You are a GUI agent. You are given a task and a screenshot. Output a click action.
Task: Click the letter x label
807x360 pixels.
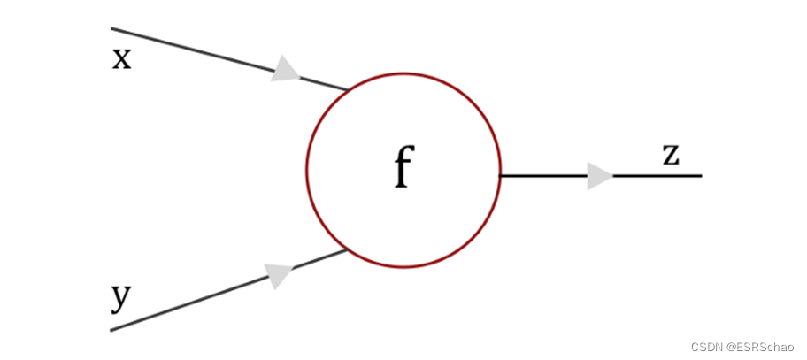[x=121, y=59]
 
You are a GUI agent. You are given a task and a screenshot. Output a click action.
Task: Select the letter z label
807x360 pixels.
[x=672, y=155]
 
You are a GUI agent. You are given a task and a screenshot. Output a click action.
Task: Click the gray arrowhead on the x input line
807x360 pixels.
[x=285, y=70]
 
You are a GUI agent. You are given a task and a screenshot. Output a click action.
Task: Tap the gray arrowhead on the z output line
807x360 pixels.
[x=599, y=176]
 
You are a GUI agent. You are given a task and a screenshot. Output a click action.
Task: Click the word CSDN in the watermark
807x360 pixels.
[x=706, y=346]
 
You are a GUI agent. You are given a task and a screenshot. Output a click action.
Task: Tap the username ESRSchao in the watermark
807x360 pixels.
[x=763, y=346]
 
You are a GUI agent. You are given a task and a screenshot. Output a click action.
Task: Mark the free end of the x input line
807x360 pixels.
[x=111, y=28]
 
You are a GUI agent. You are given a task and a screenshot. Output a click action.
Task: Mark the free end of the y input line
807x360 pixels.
[x=111, y=330]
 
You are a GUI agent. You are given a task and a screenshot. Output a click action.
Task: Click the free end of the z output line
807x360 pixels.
[x=701, y=176]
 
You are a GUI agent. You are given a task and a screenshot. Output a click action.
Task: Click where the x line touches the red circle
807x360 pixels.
[x=348, y=90]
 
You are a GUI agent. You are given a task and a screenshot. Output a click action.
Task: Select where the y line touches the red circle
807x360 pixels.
[x=347, y=250]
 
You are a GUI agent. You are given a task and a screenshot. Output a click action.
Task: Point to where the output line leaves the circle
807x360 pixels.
[x=501, y=175]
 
